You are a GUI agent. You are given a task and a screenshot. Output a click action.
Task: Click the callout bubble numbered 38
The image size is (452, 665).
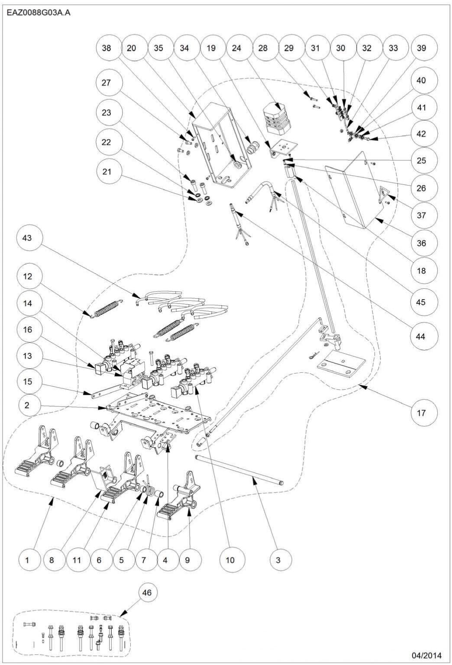106,48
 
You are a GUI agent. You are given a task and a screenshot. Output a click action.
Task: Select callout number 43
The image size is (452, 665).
27,238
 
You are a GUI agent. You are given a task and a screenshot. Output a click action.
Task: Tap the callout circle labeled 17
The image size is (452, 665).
421,413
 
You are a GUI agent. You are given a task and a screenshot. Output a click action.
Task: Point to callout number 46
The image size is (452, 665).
147,592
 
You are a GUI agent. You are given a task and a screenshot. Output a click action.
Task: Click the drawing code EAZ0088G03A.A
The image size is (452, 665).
39,13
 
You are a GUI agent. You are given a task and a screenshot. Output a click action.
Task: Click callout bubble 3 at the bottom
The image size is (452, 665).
278,560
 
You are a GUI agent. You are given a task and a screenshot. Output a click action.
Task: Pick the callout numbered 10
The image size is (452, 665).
230,560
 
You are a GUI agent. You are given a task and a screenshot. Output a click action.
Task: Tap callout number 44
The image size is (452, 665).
420,336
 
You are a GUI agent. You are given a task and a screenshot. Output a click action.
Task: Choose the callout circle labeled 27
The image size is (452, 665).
106,82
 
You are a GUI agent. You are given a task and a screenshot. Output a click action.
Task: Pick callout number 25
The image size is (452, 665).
421,160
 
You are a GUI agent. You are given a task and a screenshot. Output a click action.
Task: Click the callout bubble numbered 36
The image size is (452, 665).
421,243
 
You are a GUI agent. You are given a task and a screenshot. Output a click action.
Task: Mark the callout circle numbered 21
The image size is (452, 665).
106,171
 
